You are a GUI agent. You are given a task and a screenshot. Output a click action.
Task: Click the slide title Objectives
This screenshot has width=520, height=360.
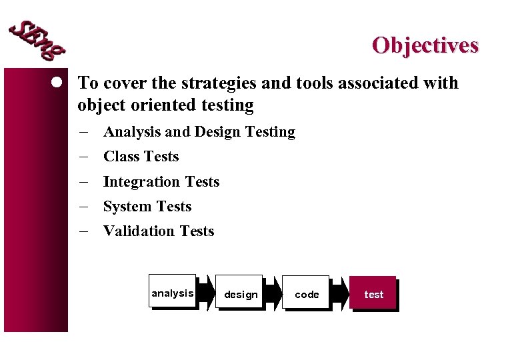pos(425,45)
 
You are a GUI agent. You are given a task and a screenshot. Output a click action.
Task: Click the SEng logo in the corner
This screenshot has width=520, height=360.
pos(37,39)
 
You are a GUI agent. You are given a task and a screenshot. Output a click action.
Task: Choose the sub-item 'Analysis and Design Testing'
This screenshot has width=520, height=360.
pos(199,132)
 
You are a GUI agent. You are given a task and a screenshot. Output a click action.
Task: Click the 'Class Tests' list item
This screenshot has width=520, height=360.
pos(141,157)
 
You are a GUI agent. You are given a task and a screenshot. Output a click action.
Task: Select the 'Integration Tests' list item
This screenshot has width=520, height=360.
pos(161,182)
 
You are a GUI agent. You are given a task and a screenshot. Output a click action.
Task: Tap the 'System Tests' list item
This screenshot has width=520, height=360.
pos(147,207)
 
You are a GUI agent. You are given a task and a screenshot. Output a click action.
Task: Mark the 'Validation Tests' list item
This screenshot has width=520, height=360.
pos(158,231)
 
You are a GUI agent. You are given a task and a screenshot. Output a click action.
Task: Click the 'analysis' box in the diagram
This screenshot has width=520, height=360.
pos(173,292)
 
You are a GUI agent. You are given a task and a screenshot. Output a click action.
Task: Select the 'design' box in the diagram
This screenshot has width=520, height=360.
pos(240,293)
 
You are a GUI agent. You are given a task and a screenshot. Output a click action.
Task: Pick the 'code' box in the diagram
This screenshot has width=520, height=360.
pos(307,293)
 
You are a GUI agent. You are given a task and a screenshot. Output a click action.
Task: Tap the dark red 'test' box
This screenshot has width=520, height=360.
pos(373,293)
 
